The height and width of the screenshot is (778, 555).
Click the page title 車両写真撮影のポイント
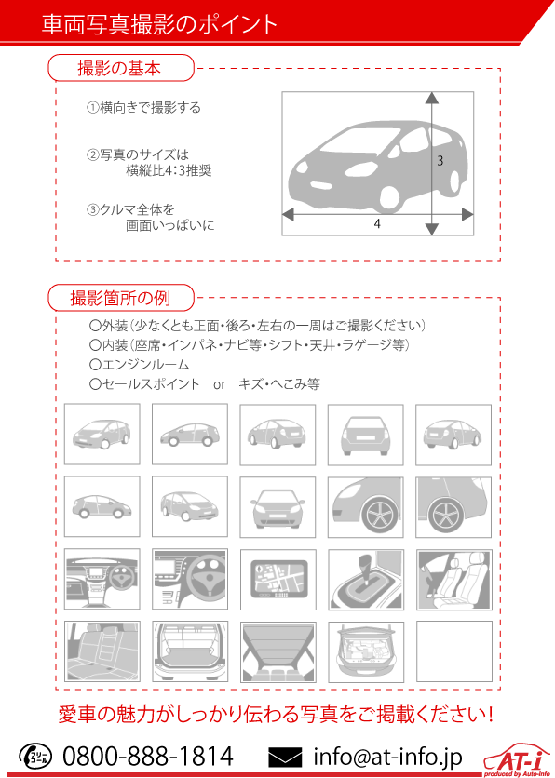click(x=159, y=24)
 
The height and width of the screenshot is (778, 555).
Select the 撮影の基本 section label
click(x=119, y=68)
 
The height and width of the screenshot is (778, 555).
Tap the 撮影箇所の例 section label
click(x=120, y=298)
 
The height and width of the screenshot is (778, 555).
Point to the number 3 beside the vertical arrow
click(x=440, y=161)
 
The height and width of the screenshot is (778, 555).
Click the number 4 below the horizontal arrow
click(x=377, y=224)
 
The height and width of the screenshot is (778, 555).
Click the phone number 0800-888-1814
click(x=148, y=757)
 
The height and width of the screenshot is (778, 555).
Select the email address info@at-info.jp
click(x=387, y=757)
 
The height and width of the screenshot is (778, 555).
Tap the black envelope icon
click(x=285, y=758)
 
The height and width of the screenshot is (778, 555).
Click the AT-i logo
click(x=517, y=760)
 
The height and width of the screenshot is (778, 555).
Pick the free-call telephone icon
click(x=34, y=757)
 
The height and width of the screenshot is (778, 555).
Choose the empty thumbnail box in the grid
click(x=453, y=651)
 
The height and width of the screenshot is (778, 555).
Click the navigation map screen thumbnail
click(x=277, y=580)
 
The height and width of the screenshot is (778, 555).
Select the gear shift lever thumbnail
click(x=366, y=580)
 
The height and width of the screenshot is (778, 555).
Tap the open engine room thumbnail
click(x=366, y=651)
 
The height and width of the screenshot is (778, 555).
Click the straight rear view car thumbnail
click(x=365, y=435)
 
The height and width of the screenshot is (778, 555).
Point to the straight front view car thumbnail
click(x=277, y=507)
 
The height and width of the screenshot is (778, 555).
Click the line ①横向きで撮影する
click(x=143, y=108)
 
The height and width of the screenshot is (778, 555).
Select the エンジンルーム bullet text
click(x=140, y=365)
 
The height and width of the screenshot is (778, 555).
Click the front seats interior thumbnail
click(x=453, y=580)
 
